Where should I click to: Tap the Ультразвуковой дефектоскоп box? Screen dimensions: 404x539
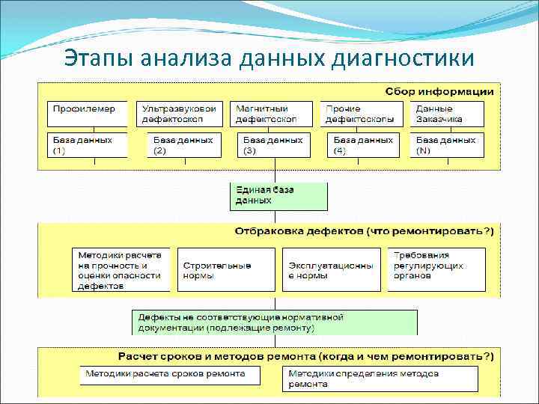pyautogui.click(x=180, y=113)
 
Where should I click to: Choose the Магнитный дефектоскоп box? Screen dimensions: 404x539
pyautogui.click(x=270, y=113)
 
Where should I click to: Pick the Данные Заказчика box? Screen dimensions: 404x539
pyautogui.click(x=447, y=113)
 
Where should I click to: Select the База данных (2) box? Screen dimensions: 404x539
pyautogui.click(x=184, y=144)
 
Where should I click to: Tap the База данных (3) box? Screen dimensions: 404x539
pyautogui.click(x=274, y=144)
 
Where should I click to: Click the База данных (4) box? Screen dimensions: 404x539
pyautogui.click(x=364, y=144)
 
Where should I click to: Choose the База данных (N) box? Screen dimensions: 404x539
pyautogui.click(x=447, y=144)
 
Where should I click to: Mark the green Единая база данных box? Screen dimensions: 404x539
pyautogui.click(x=278, y=195)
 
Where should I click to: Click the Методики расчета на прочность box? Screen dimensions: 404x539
pyautogui.click(x=121, y=269)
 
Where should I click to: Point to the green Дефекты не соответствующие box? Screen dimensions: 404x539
pyautogui.click(x=275, y=322)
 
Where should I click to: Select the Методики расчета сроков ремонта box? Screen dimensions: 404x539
pyautogui.click(x=170, y=374)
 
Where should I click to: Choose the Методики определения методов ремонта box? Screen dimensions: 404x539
pyautogui.click(x=380, y=379)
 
